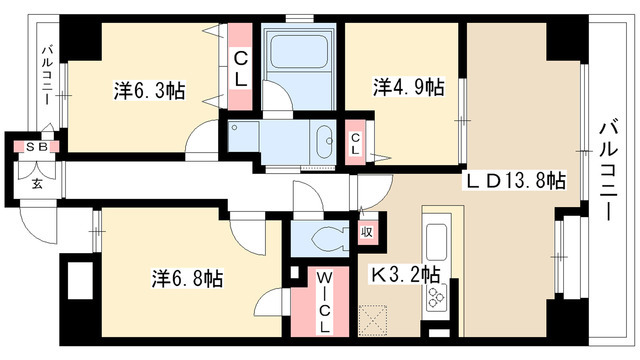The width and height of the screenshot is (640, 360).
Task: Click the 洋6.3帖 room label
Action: (149, 91)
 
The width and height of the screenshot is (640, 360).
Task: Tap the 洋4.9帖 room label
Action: (409, 87)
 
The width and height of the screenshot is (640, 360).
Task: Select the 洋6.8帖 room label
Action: (187, 279)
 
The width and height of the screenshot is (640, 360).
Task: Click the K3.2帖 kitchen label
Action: (405, 274)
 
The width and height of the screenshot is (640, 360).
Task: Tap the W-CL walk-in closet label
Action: (324, 302)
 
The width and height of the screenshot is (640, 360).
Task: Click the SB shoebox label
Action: (37, 147)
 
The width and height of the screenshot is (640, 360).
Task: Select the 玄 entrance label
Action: (37, 184)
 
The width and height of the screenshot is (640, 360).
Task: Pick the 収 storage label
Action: (367, 233)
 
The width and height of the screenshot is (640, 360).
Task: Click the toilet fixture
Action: (329, 239)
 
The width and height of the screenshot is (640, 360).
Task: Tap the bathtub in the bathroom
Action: (299, 52)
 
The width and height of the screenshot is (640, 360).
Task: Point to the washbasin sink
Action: (324, 141)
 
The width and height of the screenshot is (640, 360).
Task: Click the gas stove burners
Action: (436, 297)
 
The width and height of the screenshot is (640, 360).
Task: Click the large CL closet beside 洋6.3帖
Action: (240, 67)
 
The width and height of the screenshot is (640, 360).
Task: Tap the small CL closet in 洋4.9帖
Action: (355, 143)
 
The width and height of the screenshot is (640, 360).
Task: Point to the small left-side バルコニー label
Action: (47, 76)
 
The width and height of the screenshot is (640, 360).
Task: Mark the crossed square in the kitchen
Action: (373, 320)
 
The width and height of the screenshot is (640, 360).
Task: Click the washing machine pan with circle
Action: (243, 136)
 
